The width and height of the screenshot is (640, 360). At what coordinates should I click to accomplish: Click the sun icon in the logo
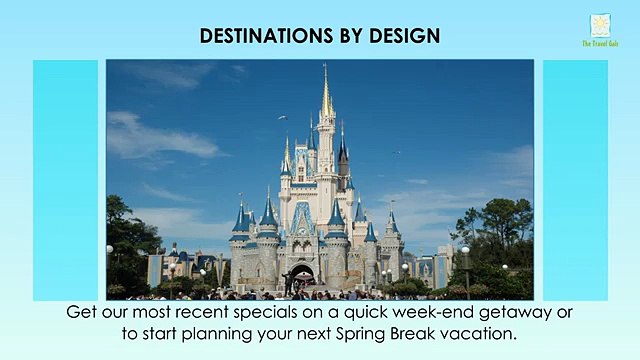coord(600,25)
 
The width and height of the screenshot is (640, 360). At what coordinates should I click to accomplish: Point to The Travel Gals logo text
coord(600,43)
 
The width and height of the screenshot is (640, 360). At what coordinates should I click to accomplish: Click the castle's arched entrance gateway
coord(302,274)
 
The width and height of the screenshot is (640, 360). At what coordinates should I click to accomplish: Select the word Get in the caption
coord(84,312)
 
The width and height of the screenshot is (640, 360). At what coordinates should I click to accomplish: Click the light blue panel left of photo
coord(65,180)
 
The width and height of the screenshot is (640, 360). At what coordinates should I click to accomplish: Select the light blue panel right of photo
coord(575,180)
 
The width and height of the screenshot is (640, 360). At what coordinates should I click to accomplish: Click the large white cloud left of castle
coord(160,137)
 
